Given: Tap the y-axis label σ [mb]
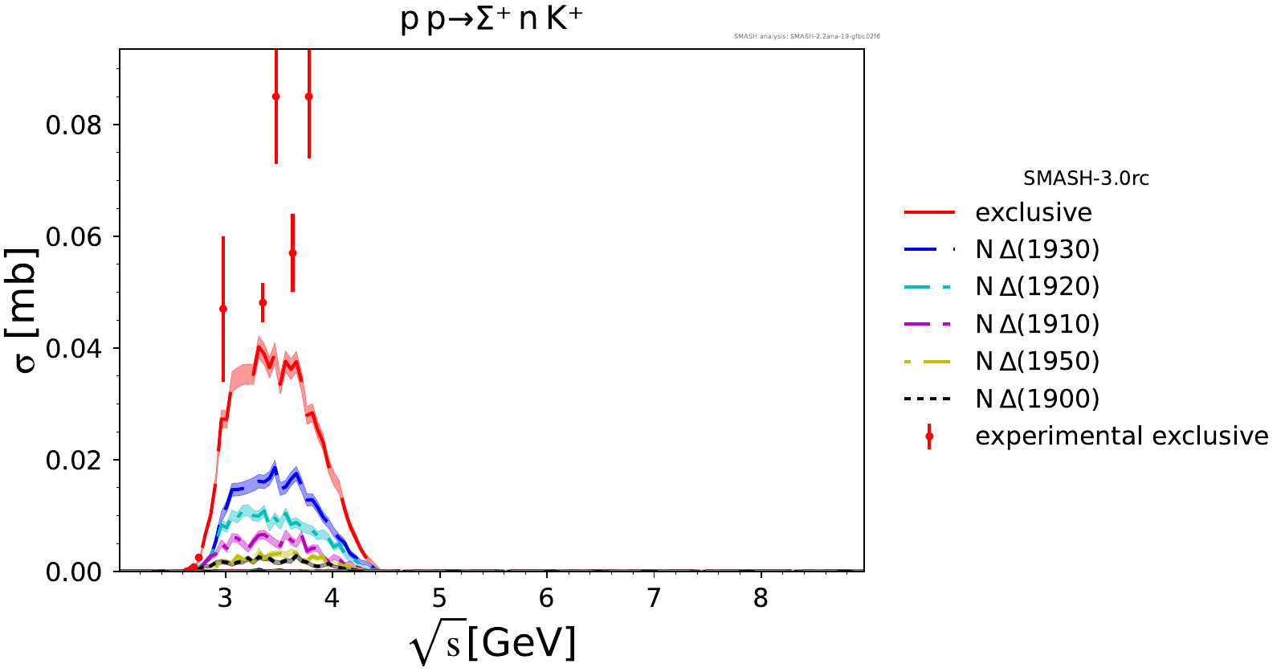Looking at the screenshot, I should point(26,310).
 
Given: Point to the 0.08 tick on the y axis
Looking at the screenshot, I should point(74,125).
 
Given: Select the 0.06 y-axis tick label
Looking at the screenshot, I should point(74,237).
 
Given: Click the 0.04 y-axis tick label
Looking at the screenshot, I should point(74,349).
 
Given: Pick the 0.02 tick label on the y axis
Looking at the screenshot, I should point(74,461).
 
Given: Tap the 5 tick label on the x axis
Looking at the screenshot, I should point(439,598).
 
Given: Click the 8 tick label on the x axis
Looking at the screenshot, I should point(761,598).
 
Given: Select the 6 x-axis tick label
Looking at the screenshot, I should point(546,598).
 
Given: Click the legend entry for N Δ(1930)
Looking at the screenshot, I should point(1037,250).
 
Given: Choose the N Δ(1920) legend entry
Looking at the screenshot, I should point(1037,287).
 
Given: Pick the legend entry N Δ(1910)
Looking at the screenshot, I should point(1037,325).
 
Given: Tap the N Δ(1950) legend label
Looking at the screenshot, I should point(1037,362).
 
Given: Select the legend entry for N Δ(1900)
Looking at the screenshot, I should point(1037,399).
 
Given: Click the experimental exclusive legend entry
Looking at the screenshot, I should point(1121,436).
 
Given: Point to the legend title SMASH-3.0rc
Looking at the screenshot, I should point(1086,178).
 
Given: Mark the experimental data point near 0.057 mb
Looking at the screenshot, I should point(292,253).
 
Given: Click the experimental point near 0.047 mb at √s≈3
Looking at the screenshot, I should point(223,309).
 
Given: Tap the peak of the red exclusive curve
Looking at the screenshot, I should point(259,347).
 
